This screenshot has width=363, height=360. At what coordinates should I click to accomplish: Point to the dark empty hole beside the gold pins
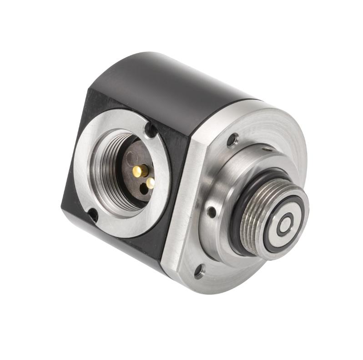pos(144,190)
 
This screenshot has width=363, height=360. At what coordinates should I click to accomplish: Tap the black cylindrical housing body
pos(150,91)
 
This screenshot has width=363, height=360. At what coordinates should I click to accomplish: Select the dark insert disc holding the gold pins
pos(132,182)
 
